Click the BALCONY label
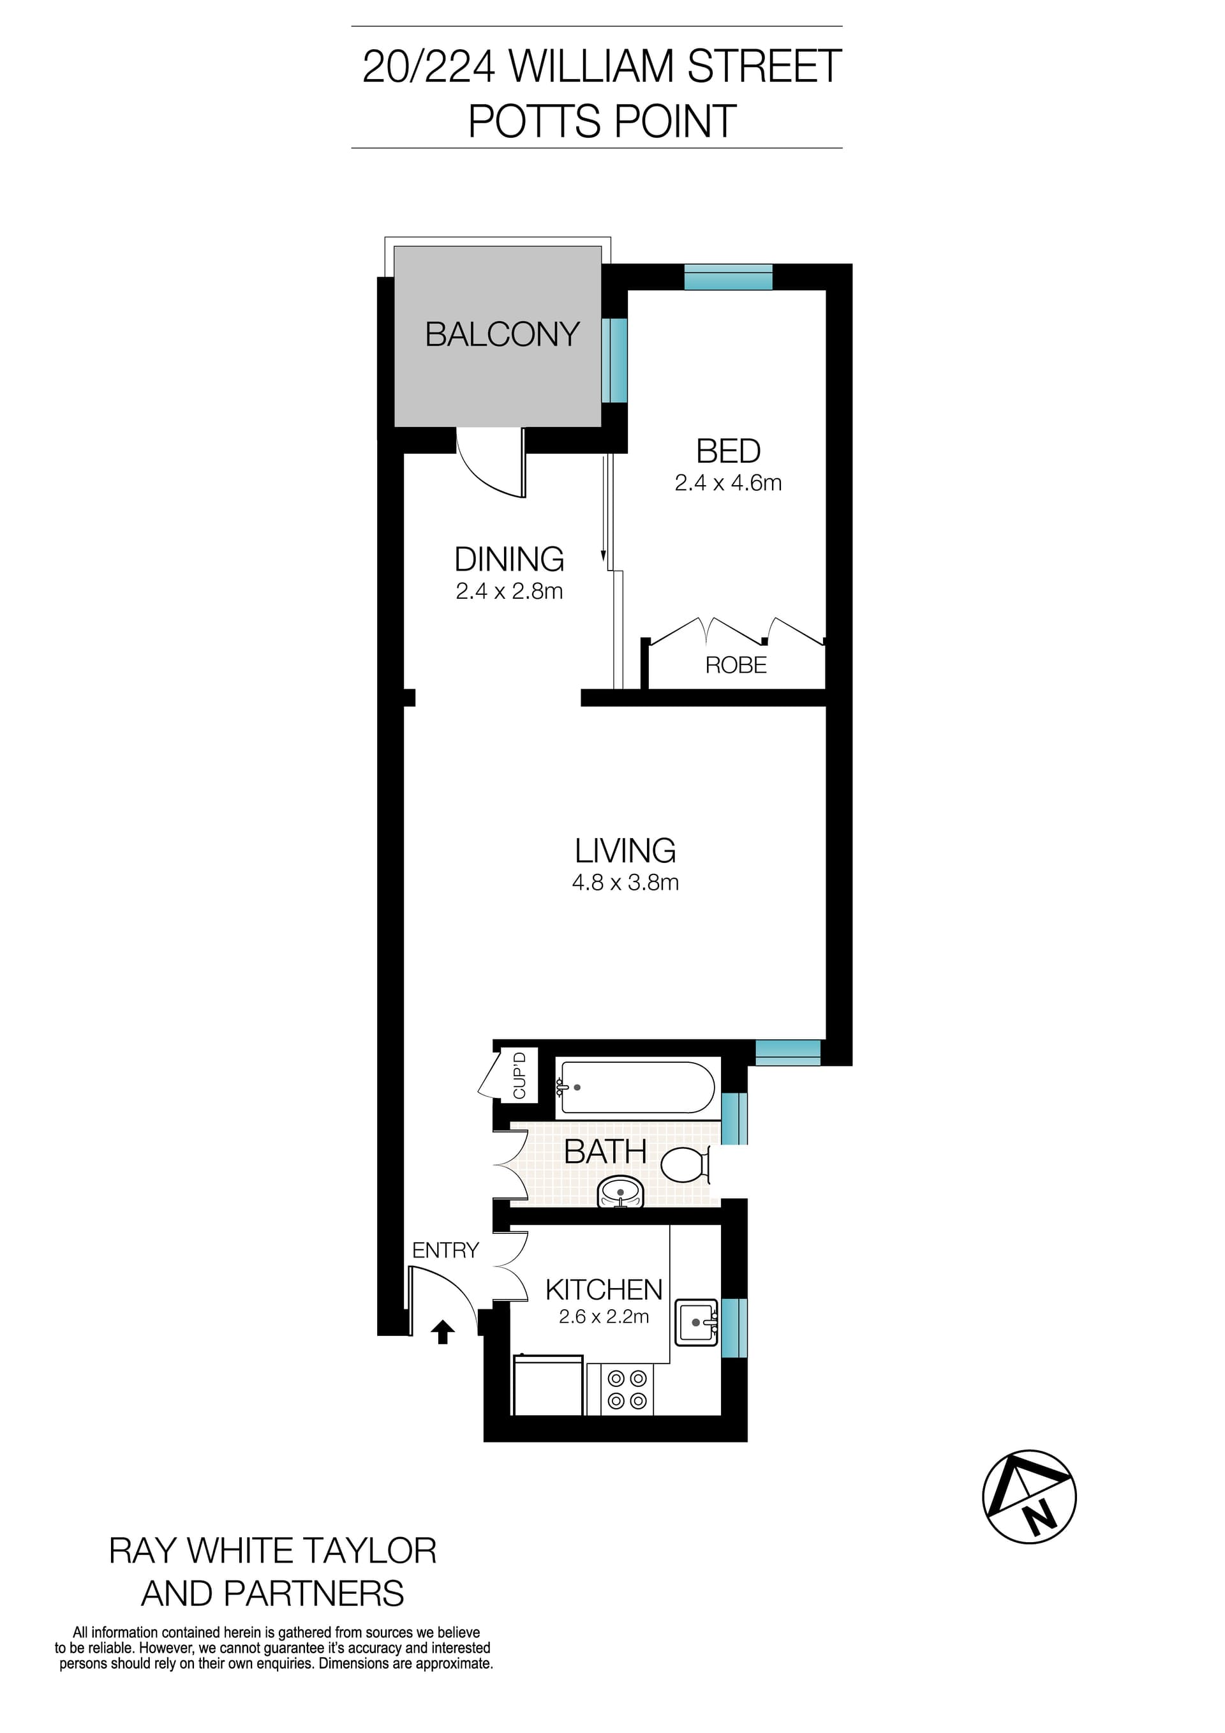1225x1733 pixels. [501, 334]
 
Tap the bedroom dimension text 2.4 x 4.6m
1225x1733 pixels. [728, 483]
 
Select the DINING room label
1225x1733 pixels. [509, 559]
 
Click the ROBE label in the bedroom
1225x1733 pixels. [736, 665]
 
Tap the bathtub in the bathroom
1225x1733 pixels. [635, 1087]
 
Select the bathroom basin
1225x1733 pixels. [621, 1192]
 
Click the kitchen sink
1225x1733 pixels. [695, 1323]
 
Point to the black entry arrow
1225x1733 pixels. [443, 1332]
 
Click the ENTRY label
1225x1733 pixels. [445, 1250]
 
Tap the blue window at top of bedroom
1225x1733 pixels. [728, 277]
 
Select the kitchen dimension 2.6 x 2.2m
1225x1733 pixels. [604, 1317]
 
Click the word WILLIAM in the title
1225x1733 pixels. [590, 66]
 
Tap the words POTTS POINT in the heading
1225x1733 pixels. [602, 121]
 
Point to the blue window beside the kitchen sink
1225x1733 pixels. [734, 1327]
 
